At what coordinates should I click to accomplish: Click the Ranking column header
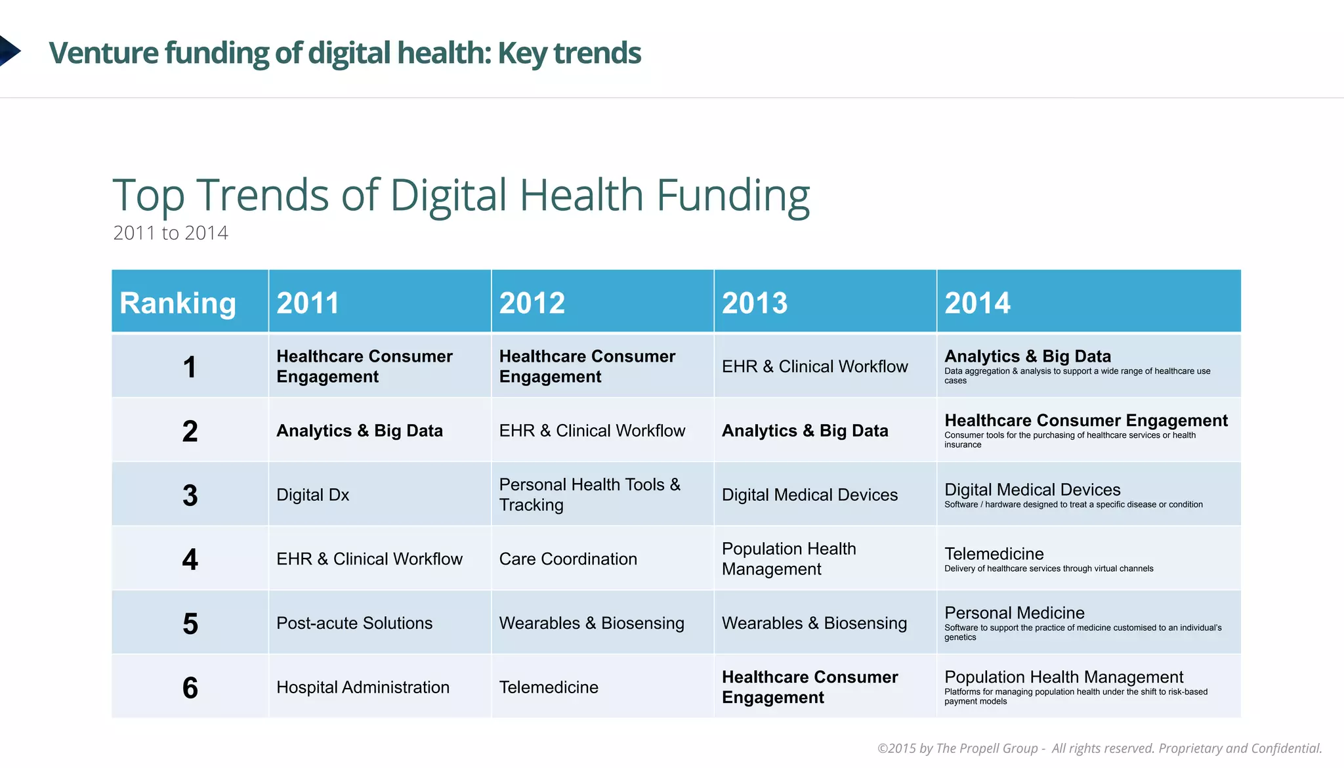pos(177,303)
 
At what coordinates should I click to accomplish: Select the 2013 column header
pos(755,303)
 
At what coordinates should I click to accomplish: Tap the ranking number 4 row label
pos(190,559)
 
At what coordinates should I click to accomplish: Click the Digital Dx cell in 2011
pos(312,495)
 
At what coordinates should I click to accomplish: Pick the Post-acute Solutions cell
pos(354,623)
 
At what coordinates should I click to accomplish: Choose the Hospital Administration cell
pos(363,687)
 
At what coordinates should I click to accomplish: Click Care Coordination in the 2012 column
pos(568,559)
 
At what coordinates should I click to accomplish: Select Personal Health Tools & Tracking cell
pos(589,494)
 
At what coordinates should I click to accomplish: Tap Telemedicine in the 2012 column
pos(549,687)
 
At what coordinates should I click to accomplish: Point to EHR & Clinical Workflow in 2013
pos(814,366)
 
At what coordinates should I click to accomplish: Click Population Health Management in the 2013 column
pos(789,559)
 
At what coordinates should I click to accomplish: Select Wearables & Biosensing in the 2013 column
pos(814,623)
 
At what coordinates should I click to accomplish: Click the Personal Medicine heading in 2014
pos(1014,612)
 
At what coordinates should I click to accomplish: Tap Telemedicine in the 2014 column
pos(994,554)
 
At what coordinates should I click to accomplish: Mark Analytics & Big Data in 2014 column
pos(1027,356)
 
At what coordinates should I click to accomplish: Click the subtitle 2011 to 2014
pos(171,233)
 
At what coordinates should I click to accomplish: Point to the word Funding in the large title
pos(732,195)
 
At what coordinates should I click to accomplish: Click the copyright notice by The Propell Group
pos(1099,748)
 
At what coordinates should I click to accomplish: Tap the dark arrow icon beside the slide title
pos(9,51)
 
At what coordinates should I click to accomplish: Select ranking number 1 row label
pos(190,367)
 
